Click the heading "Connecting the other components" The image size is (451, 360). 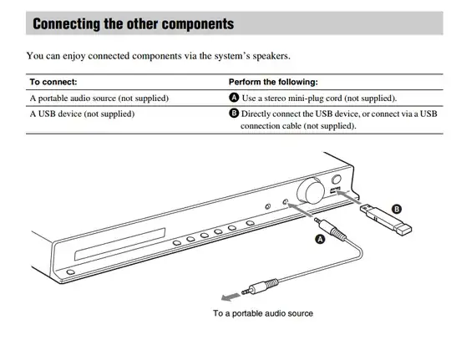(x=133, y=23)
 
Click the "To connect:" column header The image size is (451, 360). (x=53, y=82)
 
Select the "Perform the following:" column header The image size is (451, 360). (x=273, y=82)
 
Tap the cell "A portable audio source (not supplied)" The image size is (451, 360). (x=99, y=98)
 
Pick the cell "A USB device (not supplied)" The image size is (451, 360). (x=82, y=114)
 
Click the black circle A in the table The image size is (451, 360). (x=234, y=98)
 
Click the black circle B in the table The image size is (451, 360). (x=234, y=114)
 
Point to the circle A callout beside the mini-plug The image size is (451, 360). (x=320, y=239)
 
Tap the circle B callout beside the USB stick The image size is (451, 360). (x=397, y=209)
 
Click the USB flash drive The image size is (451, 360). (x=386, y=220)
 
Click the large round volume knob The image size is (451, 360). (x=311, y=190)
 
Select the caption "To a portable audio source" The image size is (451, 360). (x=263, y=313)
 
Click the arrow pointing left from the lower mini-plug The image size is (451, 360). (x=231, y=297)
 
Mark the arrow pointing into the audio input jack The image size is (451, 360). (x=300, y=210)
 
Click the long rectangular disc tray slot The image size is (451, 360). (x=119, y=245)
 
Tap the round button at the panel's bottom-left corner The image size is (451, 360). (x=70, y=272)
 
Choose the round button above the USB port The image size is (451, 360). (x=337, y=180)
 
